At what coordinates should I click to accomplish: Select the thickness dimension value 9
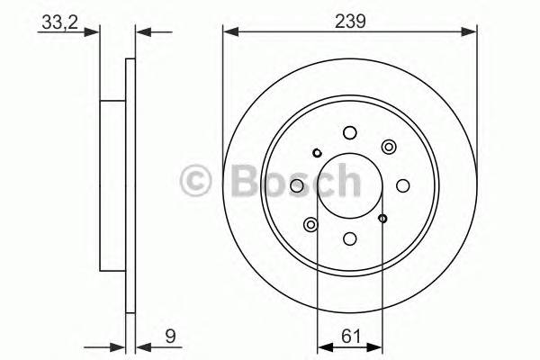click(168, 339)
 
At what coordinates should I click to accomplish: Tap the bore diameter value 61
click(350, 339)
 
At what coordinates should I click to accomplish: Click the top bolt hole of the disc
click(350, 133)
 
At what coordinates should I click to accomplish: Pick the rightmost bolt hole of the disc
click(402, 185)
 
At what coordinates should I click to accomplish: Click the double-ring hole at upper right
click(389, 147)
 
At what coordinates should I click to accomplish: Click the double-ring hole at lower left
click(311, 224)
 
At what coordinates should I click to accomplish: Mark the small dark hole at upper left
click(318, 153)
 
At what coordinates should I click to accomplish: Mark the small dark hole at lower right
click(382, 218)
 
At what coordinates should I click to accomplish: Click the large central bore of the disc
click(350, 185)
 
